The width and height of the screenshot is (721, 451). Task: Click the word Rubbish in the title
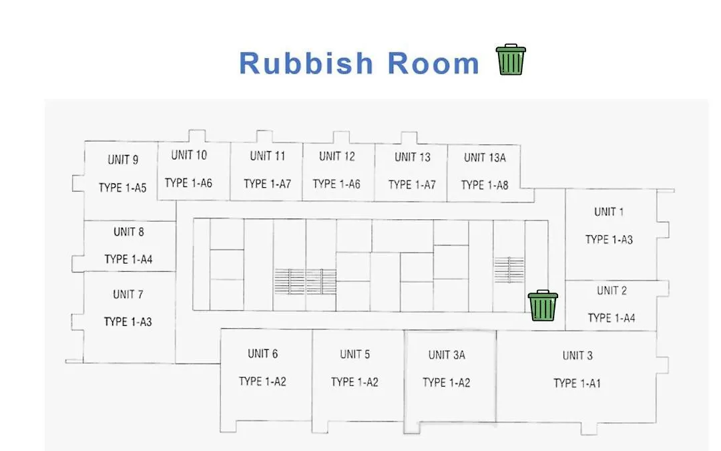306,63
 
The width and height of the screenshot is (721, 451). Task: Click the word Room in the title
434,63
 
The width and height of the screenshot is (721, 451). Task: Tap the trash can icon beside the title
511,59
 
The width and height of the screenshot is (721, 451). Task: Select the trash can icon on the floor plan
543,305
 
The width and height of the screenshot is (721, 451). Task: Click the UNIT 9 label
123,160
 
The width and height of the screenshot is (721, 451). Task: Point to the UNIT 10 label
189,155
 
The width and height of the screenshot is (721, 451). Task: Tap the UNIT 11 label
268,156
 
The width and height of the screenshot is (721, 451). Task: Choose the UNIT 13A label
485,158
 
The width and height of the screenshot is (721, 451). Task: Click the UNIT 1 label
609,212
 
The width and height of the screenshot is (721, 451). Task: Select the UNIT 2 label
612,291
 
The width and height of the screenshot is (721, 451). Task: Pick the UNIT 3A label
447,355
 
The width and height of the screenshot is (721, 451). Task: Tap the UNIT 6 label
262,353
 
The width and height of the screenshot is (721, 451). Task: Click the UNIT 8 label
129,231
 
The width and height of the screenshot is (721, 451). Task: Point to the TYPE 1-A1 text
577,384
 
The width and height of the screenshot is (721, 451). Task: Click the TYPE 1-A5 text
122,188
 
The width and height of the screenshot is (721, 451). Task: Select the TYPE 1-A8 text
485,185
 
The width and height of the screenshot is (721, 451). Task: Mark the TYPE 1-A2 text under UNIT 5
354,382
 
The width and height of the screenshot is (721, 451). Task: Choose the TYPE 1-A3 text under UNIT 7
128,321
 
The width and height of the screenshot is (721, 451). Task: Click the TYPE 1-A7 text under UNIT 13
412,184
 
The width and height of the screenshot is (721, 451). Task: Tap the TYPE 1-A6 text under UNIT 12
336,184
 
